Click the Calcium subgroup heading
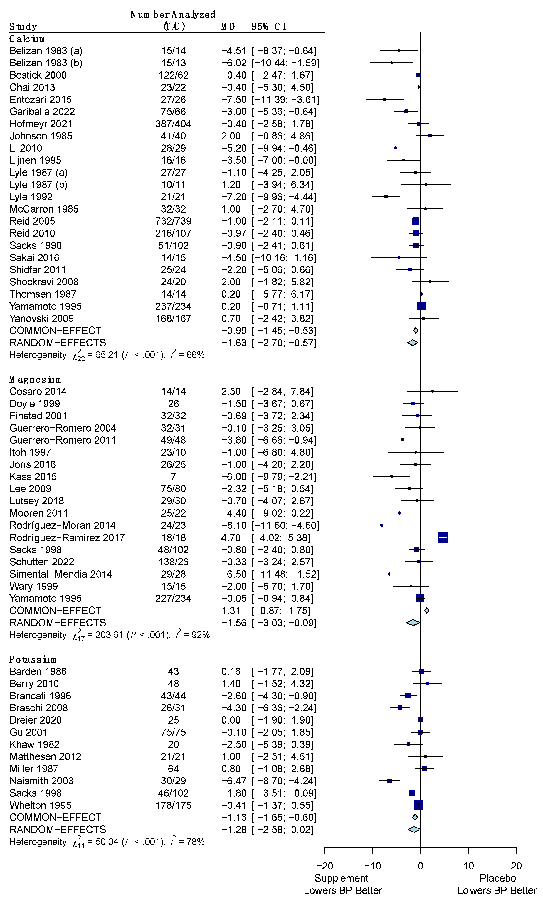[27, 39]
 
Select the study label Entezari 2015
[41, 100]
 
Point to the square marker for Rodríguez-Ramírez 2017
[443, 537]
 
